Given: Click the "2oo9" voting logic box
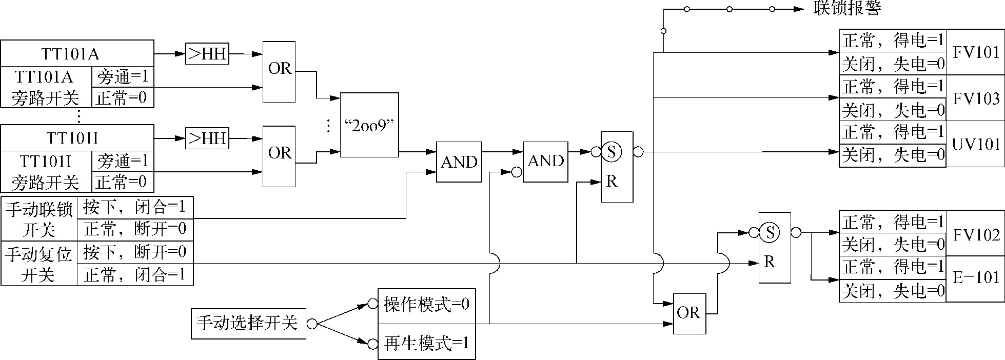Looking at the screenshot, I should pyautogui.click(x=369, y=125).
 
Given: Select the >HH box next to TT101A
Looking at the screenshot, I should pyautogui.click(x=207, y=54).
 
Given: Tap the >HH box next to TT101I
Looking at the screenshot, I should pyautogui.click(x=207, y=138).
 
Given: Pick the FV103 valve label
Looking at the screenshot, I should pyautogui.click(x=975, y=98).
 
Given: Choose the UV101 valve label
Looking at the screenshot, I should pyautogui.click(x=975, y=144).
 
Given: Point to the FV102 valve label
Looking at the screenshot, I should pyautogui.click(x=975, y=235).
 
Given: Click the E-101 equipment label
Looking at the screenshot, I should pyautogui.click(x=975, y=278).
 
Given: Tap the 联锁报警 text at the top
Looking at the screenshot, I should pyautogui.click(x=847, y=9).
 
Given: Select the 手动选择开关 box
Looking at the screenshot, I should pyautogui.click(x=248, y=324).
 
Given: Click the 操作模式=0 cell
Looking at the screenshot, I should pyautogui.click(x=426, y=305).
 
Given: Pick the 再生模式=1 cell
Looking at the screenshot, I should pyautogui.click(x=426, y=343).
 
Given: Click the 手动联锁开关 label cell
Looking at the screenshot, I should pyautogui.click(x=39, y=219).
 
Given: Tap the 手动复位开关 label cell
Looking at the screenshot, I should pyautogui.click(x=39, y=264).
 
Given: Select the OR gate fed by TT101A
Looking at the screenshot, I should pyautogui.click(x=279, y=71).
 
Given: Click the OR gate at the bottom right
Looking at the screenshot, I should pyautogui.click(x=689, y=313).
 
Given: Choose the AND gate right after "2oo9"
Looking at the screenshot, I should pyautogui.click(x=459, y=162).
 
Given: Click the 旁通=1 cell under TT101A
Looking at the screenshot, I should pyautogui.click(x=123, y=77).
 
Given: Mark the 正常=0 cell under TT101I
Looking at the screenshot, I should pyautogui.click(x=123, y=182).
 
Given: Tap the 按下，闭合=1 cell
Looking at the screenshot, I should pyautogui.click(x=135, y=208).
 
